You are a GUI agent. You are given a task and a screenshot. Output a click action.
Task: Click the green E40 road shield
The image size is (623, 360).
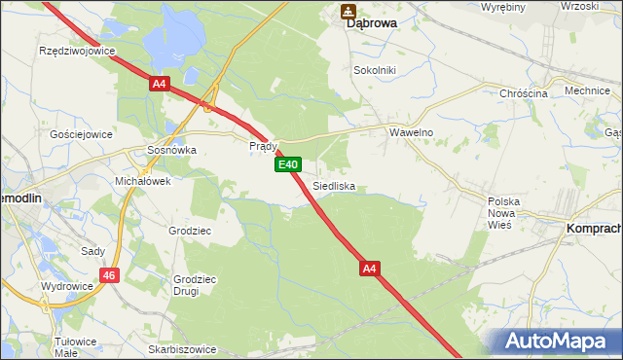tap(286, 165)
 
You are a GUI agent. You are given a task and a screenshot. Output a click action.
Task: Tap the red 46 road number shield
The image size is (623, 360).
tap(110, 276)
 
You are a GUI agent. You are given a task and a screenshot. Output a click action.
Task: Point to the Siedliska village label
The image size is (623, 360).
tap(334, 185)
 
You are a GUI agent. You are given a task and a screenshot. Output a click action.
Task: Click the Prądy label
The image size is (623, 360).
tap(264, 146)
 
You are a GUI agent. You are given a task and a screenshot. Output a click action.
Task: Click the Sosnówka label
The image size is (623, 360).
tap(171, 151)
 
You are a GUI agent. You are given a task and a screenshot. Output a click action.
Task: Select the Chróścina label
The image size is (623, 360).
tap(524, 93)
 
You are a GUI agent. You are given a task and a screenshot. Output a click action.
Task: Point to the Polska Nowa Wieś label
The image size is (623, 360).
tap(504, 212)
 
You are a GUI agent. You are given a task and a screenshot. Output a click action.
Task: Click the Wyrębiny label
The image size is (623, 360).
tap(502, 7)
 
